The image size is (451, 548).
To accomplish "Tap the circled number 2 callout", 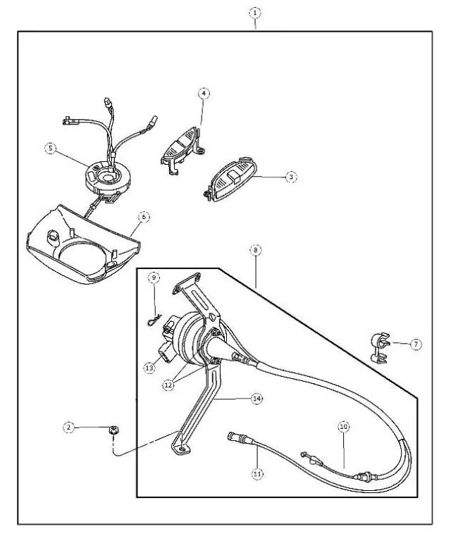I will [69, 427].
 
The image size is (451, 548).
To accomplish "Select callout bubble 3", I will [291, 177].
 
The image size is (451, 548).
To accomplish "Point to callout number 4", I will [204, 93].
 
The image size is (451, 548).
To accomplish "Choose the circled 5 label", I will [51, 148].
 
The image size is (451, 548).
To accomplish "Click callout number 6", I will [143, 218].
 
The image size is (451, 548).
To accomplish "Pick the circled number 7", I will [416, 344].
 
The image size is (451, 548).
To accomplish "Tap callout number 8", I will [254, 249].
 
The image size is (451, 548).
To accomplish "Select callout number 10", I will [343, 427].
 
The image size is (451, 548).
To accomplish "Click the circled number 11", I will [257, 473].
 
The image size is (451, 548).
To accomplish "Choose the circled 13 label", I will [149, 368].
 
